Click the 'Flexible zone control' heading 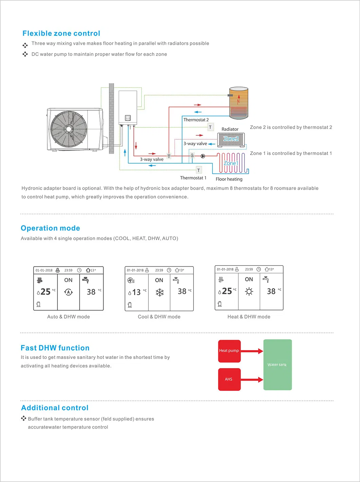[61, 33]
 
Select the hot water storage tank [239, 103]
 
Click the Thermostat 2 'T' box [210, 127]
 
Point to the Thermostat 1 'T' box [199, 170]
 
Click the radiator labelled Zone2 [231, 139]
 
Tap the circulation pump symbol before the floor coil [203, 156]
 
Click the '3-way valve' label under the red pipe [152, 159]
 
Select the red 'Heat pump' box [229, 351]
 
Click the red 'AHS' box [229, 379]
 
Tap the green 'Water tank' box [277, 365]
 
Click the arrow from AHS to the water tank [252, 379]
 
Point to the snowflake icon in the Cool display [160, 292]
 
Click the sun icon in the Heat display [249, 292]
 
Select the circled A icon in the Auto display [69, 292]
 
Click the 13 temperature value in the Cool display [136, 292]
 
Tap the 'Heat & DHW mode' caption [249, 317]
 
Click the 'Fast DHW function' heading [55, 348]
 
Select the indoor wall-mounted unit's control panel [128, 118]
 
